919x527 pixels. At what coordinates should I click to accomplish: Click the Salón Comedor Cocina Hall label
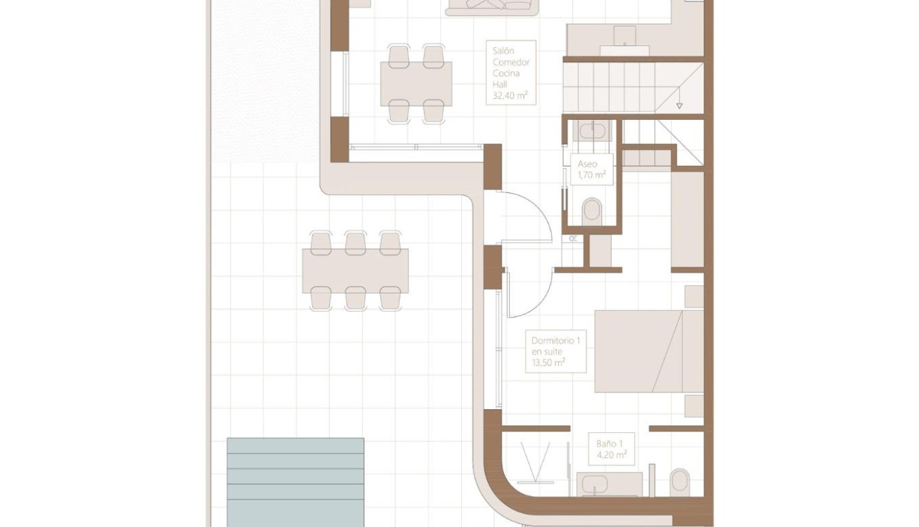(x=511, y=72)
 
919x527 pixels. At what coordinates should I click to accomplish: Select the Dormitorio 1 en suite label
(x=555, y=351)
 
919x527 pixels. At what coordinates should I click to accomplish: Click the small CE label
(x=573, y=238)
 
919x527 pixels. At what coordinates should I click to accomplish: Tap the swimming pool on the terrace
(x=295, y=481)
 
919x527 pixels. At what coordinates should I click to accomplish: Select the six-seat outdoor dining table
(x=355, y=270)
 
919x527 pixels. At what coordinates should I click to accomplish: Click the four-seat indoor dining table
(x=416, y=84)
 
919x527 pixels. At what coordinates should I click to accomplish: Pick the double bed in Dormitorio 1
(x=648, y=351)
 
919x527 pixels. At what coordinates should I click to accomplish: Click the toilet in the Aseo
(x=592, y=211)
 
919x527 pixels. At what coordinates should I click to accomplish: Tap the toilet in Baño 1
(x=679, y=482)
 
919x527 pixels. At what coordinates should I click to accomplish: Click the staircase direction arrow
(x=679, y=105)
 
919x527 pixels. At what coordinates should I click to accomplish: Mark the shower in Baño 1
(x=535, y=460)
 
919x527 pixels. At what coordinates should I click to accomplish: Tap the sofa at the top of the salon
(x=492, y=7)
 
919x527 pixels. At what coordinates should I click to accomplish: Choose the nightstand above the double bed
(x=694, y=296)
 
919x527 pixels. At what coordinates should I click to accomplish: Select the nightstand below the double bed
(x=694, y=406)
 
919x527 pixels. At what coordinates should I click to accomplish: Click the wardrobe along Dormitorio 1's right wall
(x=687, y=220)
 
